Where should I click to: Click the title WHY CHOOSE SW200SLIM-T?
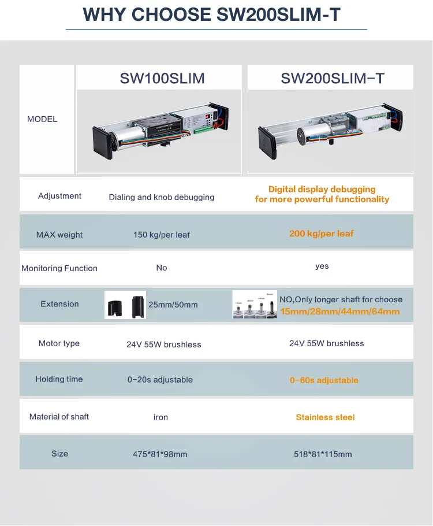coord(212,14)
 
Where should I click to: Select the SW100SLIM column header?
coord(162,78)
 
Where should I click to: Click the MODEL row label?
coord(42,119)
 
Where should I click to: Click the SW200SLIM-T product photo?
coord(331,132)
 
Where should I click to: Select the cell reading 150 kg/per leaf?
coord(162,235)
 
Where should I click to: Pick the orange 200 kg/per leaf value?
coord(322,234)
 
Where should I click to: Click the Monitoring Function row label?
coord(59,268)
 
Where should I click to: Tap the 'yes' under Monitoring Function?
coord(322,266)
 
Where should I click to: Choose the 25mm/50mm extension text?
coord(173,305)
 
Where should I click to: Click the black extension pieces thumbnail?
coord(125,305)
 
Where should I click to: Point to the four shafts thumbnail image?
coord(255,305)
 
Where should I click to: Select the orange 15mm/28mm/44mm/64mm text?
coord(339,312)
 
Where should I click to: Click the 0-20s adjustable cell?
coord(160,380)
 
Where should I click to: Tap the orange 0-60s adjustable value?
coord(324,380)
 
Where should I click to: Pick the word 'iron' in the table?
coord(161,417)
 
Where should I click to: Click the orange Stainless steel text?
coord(325,417)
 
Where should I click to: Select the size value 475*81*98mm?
coord(160,454)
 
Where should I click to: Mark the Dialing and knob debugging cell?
coord(162,197)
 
